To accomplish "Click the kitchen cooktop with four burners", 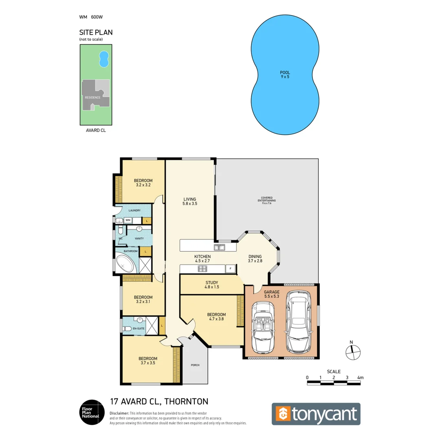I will pyautogui.click(x=202, y=268).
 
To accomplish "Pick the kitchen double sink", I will pyautogui.click(x=219, y=247).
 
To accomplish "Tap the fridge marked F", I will pyautogui.click(x=231, y=269).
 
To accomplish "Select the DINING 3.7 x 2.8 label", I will pyautogui.click(x=255, y=259).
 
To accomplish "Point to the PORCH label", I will pyautogui.click(x=195, y=365).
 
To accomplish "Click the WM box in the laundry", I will pyautogui.click(x=128, y=220).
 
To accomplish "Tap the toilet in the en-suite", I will pyautogui.click(x=127, y=328).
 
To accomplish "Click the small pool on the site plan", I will pyautogui.click(x=104, y=59).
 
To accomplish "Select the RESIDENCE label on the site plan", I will pyautogui.click(x=92, y=97).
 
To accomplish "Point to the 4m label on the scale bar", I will pyautogui.click(x=360, y=378).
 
